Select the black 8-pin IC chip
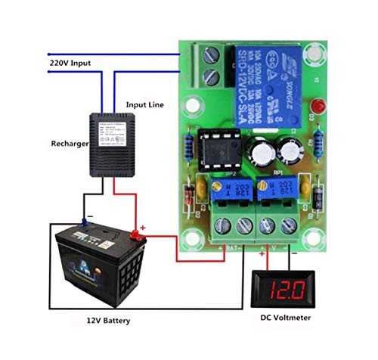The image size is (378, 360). click(x=218, y=149)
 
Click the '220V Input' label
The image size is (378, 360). click(x=71, y=64)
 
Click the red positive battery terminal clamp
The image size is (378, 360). click(x=138, y=232)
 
